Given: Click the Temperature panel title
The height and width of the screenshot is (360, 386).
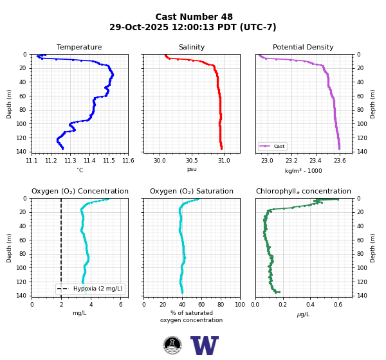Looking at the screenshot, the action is pos(79,47).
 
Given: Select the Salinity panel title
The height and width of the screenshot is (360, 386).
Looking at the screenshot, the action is pos(192,47).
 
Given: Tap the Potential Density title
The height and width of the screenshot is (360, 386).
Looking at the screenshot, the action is pos(303,47).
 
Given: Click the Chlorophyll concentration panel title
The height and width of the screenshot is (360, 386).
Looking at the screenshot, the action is pos(303,191).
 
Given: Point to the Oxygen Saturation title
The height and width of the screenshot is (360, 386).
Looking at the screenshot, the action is pos(192,191).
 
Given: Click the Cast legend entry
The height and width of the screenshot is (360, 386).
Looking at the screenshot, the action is pos(273,146).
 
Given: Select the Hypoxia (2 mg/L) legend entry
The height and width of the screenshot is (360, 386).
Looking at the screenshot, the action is pos(90,289).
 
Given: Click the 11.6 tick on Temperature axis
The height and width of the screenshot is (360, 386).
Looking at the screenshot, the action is pos(128,161).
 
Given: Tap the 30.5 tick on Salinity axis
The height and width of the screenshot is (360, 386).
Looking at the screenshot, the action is pos(192,161).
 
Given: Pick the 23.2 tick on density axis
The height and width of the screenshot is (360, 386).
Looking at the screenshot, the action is pos(291,161).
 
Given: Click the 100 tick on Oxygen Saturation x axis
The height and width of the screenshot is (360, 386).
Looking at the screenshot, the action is pos(240,305).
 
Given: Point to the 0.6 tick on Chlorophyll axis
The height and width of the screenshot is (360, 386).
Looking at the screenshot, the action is pos(338,305).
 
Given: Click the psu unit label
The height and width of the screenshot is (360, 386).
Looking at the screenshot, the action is pos(192,169).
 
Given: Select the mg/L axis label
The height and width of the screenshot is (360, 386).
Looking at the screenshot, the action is pos(80,313).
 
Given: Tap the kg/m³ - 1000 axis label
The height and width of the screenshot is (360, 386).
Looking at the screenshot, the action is pos(303,170).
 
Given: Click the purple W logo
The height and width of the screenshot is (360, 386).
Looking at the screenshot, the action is pos(205,345).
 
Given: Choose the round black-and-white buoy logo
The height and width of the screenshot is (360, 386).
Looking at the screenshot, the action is pos(172,345).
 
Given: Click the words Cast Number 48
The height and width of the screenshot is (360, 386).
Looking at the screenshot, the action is pos(194,17).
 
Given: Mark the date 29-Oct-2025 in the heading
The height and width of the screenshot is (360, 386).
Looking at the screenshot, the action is pos(139,27).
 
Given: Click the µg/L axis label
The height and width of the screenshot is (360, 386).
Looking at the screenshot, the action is pos(303,314).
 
